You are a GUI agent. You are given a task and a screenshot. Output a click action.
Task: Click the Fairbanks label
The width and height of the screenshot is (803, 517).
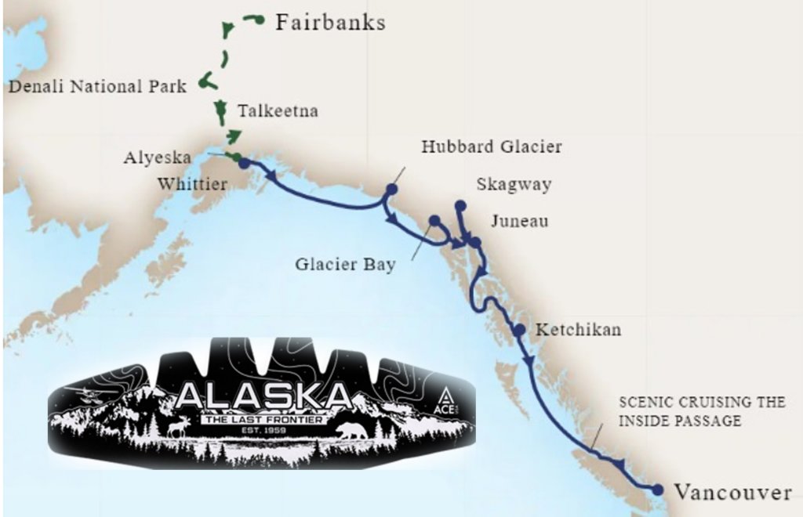pos(330,22)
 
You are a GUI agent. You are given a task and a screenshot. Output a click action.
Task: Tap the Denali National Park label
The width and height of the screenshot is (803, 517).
pos(97,86)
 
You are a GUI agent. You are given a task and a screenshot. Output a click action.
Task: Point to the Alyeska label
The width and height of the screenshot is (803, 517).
pos(157,157)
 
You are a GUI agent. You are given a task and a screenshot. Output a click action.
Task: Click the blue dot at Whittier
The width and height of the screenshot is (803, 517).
pos(244,163)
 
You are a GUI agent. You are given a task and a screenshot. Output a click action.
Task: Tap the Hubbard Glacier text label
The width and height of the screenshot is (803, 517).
pos(492,146)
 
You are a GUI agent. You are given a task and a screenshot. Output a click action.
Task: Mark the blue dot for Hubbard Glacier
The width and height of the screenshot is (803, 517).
pos(391,190)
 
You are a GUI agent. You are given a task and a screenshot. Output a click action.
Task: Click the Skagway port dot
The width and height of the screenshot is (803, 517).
pos(460,205)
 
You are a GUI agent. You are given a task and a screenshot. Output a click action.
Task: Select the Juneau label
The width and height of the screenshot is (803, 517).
pos(518,222)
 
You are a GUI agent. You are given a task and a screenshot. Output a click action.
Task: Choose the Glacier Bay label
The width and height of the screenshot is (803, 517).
pos(345,264)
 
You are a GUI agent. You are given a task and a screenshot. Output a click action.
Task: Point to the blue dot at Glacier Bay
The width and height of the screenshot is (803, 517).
pos(434,220)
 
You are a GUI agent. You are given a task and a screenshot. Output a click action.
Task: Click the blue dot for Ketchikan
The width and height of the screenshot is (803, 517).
pos(518,329)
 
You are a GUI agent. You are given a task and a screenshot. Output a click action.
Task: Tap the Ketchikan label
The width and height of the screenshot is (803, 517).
pos(578,329)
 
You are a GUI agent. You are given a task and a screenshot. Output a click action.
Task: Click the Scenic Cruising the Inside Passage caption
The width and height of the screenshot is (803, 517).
pos(702,411)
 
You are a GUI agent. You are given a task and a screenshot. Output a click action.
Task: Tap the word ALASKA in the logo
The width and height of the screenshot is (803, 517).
pos(263,396)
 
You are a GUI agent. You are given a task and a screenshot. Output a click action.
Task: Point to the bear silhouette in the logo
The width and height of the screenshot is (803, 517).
pos(351,431)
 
